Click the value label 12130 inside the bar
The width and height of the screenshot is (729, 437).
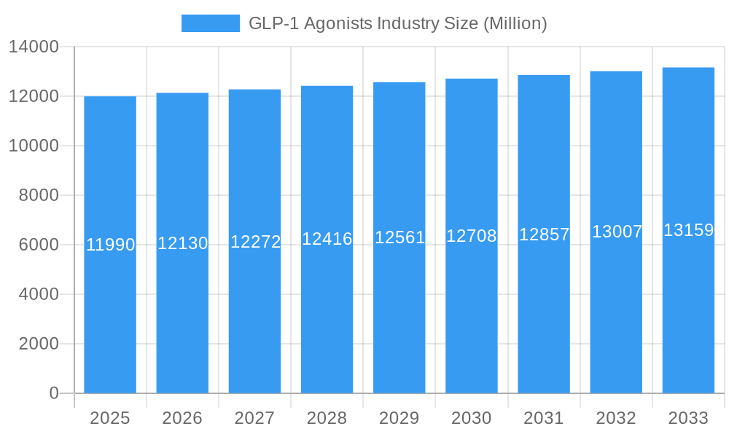(x=183, y=243)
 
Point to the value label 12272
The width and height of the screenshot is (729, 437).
(x=255, y=242)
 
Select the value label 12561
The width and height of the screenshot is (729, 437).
(x=399, y=237)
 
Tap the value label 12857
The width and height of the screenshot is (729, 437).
(x=544, y=235)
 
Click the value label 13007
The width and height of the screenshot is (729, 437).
(x=617, y=232)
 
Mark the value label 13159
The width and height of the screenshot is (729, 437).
(x=688, y=230)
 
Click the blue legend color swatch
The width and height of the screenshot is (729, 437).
(x=210, y=23)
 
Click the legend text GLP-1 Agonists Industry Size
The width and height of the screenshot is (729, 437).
(x=397, y=23)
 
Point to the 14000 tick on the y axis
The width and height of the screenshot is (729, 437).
(x=34, y=47)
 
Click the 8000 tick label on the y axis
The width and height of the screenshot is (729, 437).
(x=39, y=195)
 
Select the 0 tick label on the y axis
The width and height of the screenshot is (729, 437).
(x=53, y=393)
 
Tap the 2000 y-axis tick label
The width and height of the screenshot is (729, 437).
(x=39, y=344)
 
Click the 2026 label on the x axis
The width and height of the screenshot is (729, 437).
(x=182, y=418)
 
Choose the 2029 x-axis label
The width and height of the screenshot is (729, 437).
(x=399, y=418)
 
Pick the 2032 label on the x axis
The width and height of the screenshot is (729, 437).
(x=616, y=418)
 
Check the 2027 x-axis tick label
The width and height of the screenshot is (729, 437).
(x=254, y=418)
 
